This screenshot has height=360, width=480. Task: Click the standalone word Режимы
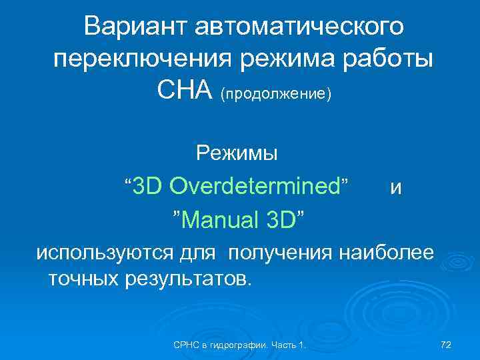tap(237, 154)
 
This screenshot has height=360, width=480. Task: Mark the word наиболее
tap(387, 253)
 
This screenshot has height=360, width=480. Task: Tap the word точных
tap(84, 277)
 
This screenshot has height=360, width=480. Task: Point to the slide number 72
tap(446, 344)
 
